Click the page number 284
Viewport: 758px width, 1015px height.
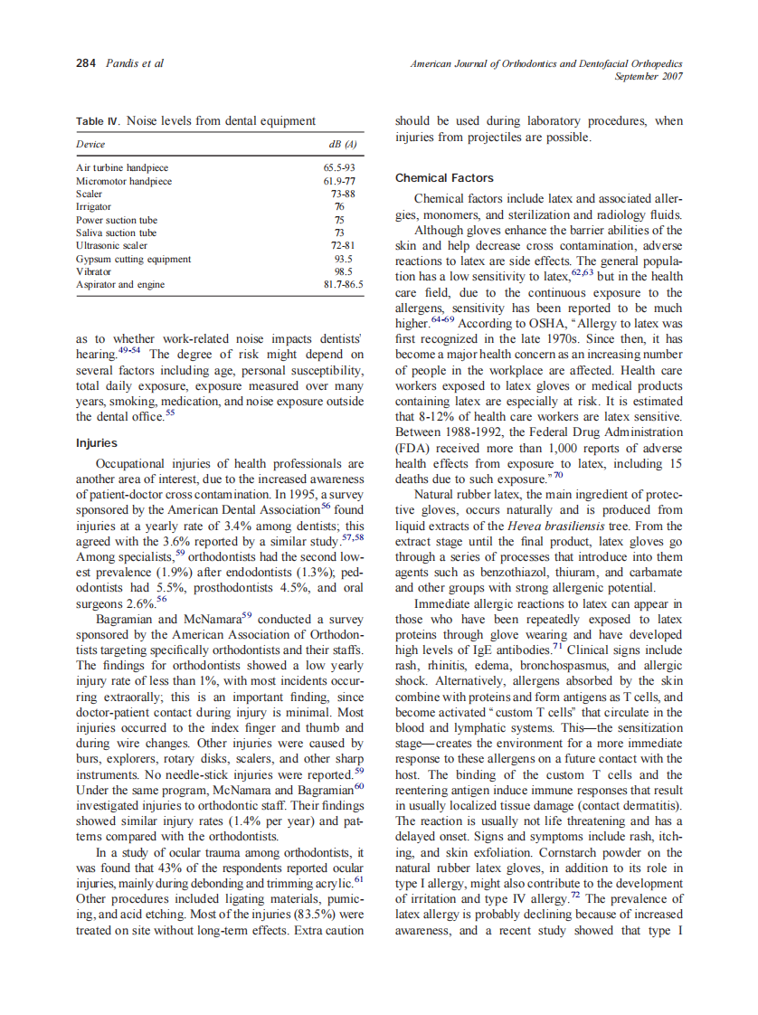(85, 63)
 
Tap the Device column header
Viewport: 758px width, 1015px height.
(90, 145)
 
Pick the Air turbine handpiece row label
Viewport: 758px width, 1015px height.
(122, 168)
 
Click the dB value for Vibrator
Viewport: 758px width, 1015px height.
(343, 271)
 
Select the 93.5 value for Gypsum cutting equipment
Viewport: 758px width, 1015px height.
(343, 259)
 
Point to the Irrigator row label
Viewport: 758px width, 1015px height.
(94, 207)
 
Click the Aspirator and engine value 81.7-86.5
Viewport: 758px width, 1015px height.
(343, 285)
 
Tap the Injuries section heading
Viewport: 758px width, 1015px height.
(96, 443)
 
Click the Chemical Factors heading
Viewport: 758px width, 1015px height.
(444, 178)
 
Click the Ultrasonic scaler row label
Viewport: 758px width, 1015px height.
(111, 246)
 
